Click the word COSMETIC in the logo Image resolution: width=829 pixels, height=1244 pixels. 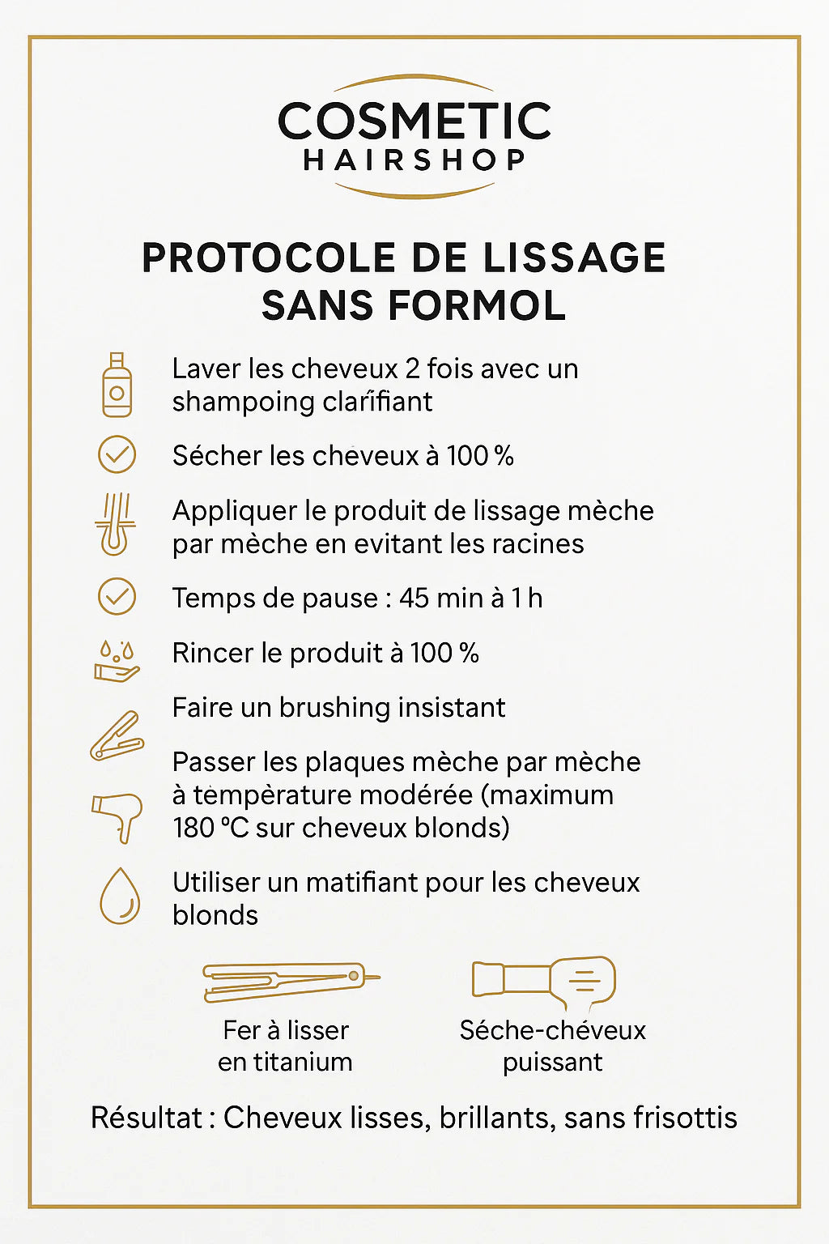point(414,121)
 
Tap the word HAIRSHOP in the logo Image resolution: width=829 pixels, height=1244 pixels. point(414,160)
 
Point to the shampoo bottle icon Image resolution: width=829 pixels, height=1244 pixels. point(117,385)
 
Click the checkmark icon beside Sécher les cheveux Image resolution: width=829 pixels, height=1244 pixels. point(117,454)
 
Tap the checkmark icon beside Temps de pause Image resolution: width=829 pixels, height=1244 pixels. point(117,597)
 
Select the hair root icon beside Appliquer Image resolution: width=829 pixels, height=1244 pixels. point(115,524)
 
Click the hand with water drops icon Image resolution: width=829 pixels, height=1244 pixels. point(117,662)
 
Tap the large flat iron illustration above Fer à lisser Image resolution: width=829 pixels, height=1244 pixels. point(289,981)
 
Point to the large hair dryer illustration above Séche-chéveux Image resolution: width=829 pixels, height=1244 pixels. point(544,982)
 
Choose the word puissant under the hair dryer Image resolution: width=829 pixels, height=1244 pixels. point(552,1063)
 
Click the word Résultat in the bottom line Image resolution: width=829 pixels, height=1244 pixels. point(147,1118)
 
